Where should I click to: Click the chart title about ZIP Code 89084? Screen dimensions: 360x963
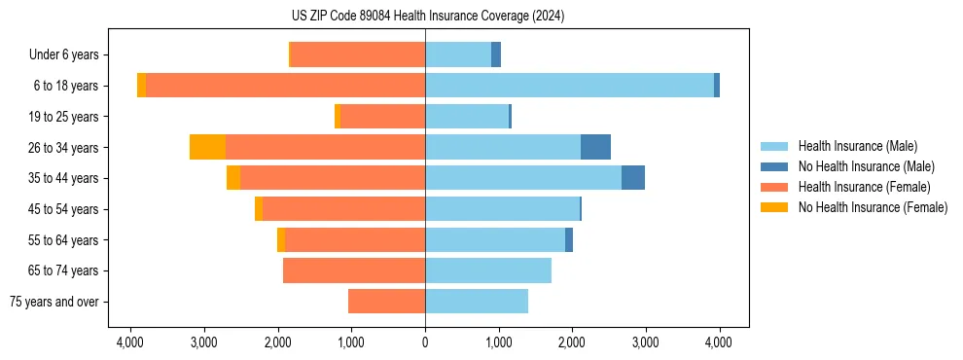click(425, 17)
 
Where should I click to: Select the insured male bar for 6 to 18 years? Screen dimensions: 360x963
click(569, 86)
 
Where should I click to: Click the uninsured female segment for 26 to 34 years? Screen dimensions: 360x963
click(207, 147)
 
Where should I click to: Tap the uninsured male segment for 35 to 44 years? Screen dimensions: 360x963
click(633, 178)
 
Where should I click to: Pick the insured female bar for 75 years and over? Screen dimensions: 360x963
click(386, 302)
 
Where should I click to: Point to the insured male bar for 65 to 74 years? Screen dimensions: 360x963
click(488, 270)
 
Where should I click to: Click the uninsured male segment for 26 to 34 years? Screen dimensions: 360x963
click(595, 147)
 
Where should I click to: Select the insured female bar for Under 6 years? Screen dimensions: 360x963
click(358, 54)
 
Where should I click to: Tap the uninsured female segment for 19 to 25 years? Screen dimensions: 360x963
click(338, 117)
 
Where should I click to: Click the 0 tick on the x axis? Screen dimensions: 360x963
click(425, 342)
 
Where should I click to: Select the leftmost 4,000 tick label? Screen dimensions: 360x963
click(130, 342)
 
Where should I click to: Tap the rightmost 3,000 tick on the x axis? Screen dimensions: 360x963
click(645, 342)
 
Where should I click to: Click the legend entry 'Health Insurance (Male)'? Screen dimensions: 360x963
click(857, 146)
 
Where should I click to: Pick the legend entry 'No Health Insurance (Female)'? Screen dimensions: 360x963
click(873, 207)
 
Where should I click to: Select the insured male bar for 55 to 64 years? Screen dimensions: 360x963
click(495, 239)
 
